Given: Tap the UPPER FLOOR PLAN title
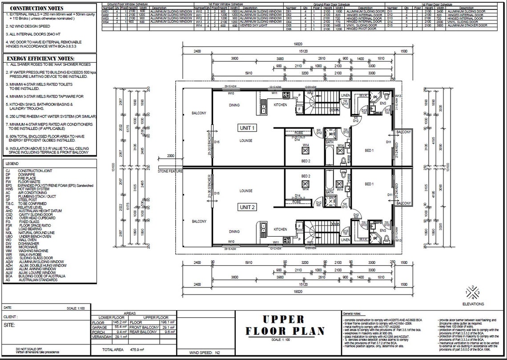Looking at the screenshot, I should click(x=285, y=325).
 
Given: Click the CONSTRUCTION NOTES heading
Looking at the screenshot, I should click(x=36, y=8).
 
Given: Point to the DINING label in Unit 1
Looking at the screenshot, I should click(x=234, y=105).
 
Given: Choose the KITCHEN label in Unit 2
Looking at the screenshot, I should click(x=280, y=229).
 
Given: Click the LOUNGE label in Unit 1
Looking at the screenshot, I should click(x=245, y=141).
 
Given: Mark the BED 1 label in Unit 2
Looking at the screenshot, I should click(x=369, y=184).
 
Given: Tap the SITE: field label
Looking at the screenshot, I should click(x=9, y=325).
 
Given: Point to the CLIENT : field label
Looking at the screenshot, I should click(x=12, y=317).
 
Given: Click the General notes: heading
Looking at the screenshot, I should click(x=354, y=314).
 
